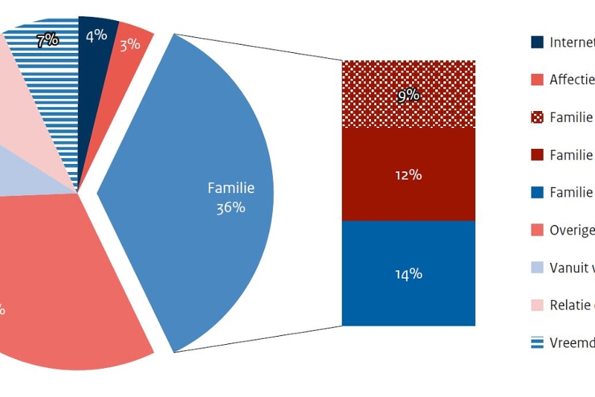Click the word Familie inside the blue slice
[231, 188]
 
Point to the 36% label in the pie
[231, 208]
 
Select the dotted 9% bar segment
[408, 95]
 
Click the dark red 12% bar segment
[408, 175]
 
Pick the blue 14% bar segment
[408, 273]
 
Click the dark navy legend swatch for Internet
[537, 42]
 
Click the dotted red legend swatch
[537, 118]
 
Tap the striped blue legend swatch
[537, 343]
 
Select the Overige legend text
[571, 230]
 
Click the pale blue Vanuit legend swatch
[537, 267]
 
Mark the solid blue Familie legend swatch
[537, 192]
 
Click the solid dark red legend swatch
[537, 155]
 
